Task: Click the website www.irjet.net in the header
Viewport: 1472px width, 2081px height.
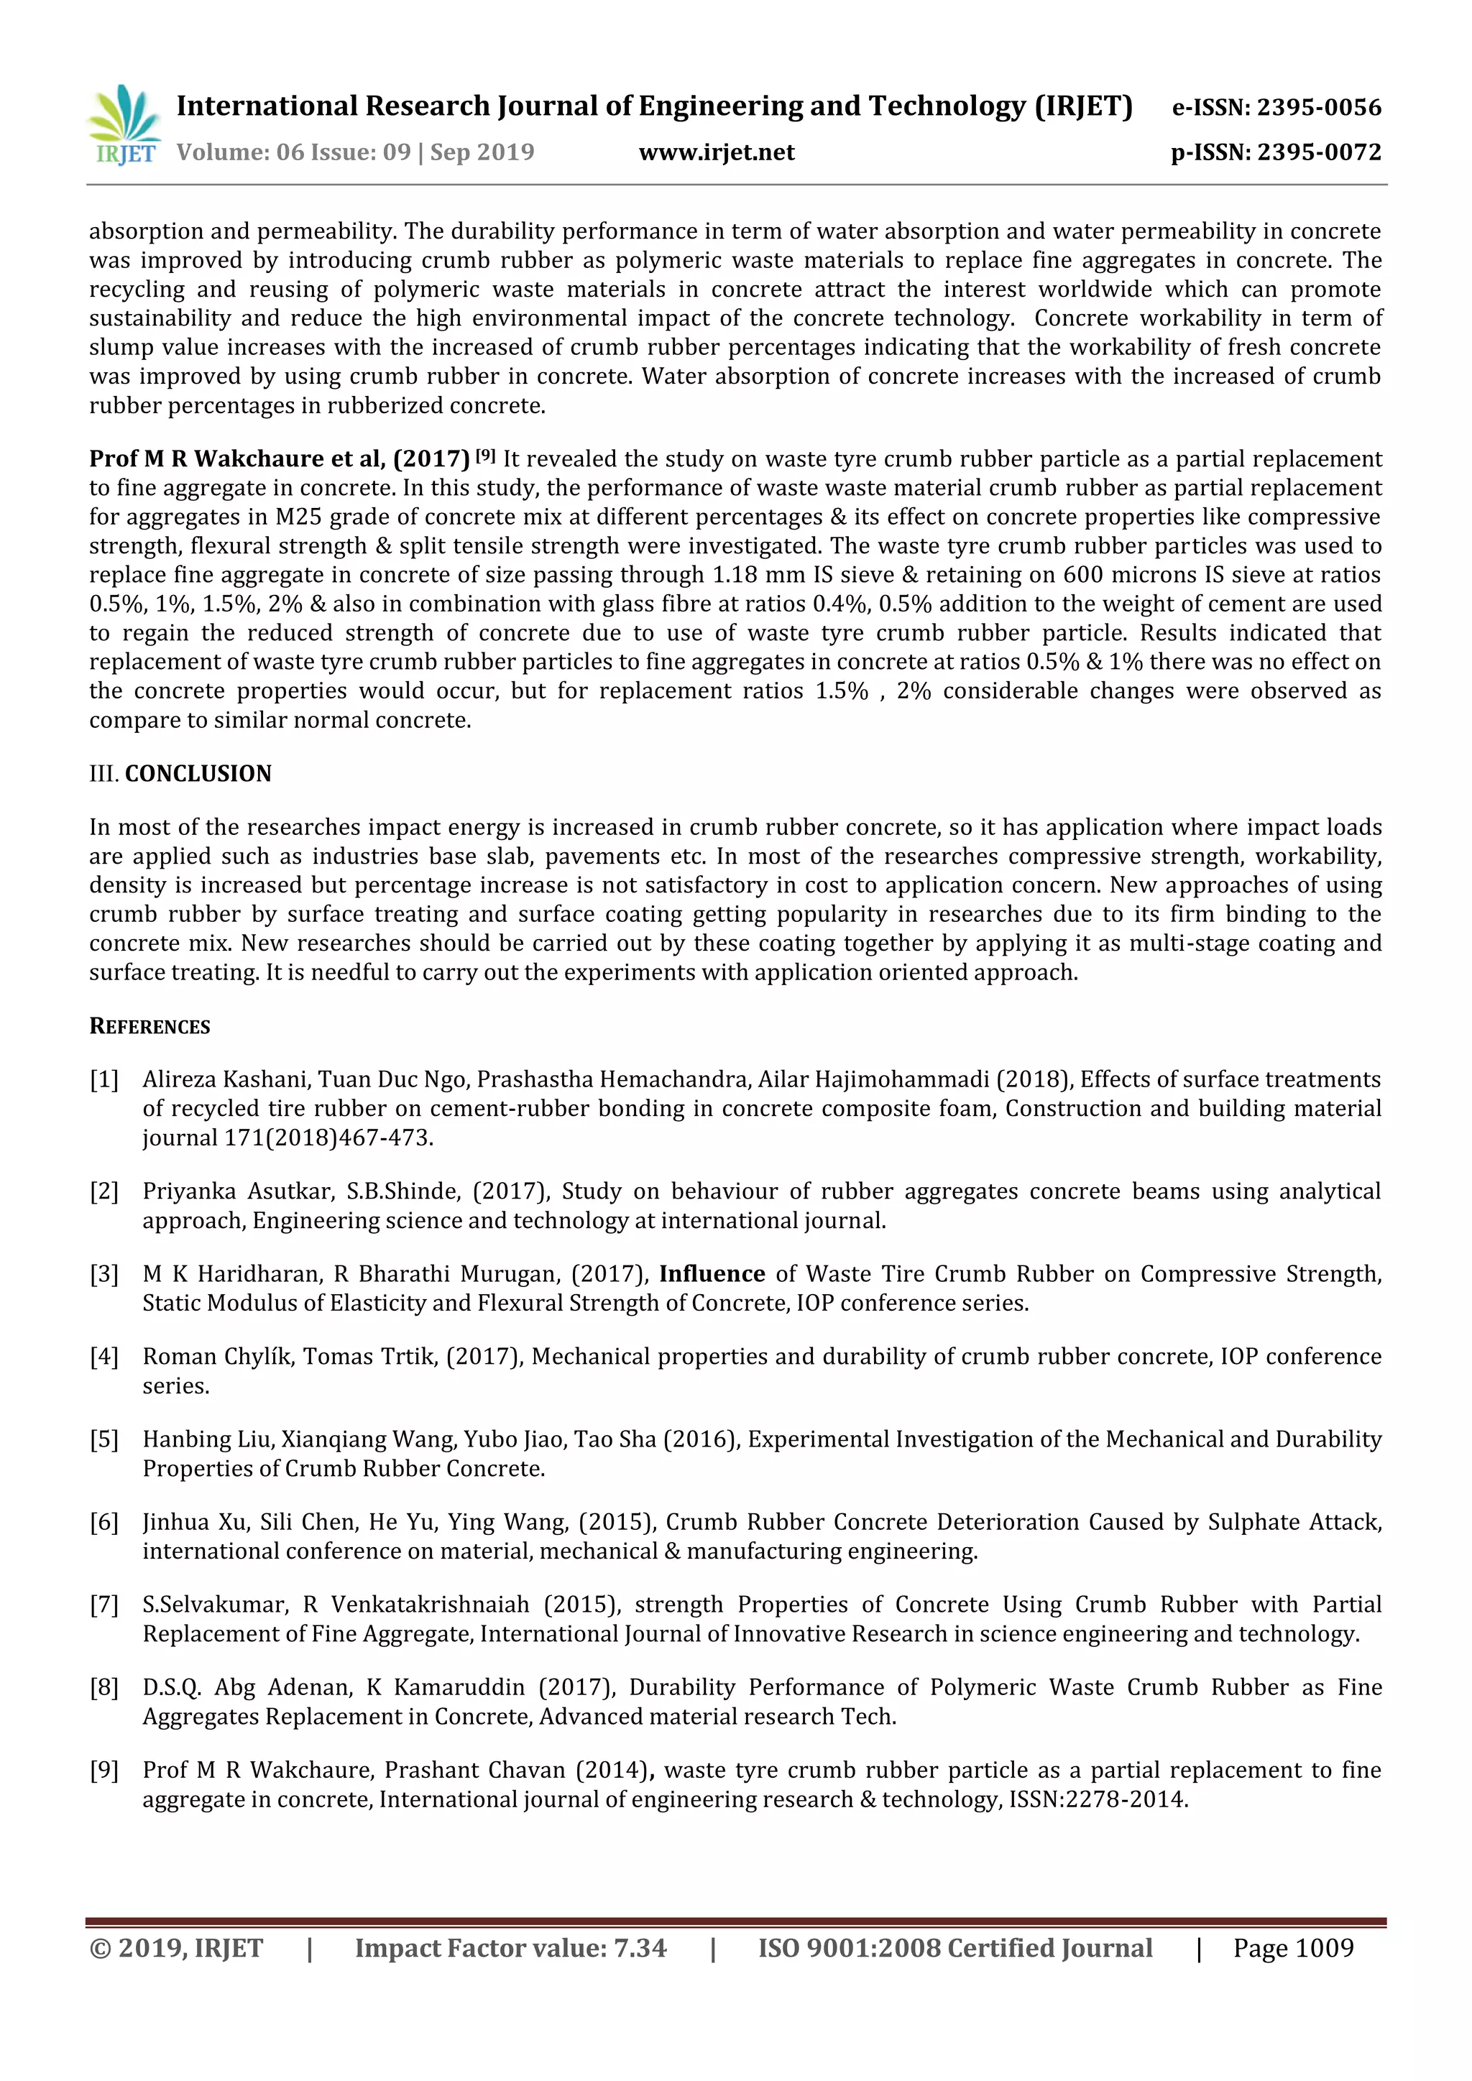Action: pos(716,152)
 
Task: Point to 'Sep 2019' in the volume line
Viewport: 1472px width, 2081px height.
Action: pos(482,152)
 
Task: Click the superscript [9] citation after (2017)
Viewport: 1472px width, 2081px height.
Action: pos(486,455)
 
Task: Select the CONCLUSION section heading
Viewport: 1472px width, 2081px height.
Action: pos(198,773)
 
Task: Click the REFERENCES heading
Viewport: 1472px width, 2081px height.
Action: pos(149,1026)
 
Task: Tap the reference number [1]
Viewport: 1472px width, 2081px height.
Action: pos(104,1079)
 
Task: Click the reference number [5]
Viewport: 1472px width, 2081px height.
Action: pos(104,1439)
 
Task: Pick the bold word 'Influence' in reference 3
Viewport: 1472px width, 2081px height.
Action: pos(712,1273)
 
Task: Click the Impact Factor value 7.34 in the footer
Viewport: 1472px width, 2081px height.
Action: pos(640,1948)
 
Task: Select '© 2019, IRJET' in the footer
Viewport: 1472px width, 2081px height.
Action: pos(176,1948)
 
